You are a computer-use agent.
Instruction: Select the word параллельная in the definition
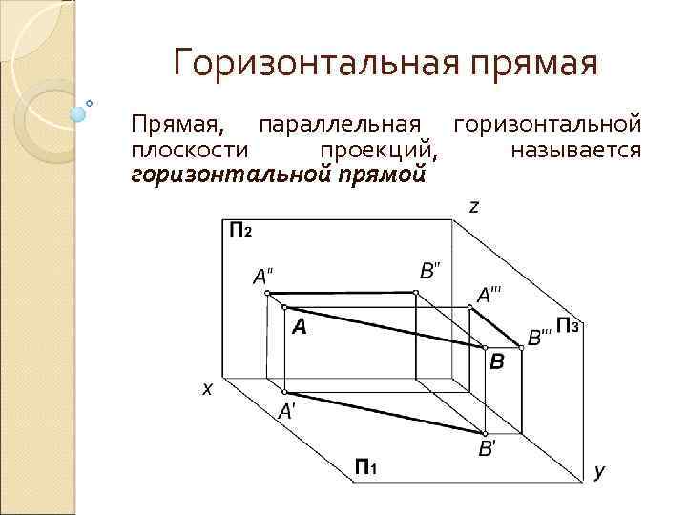[341, 125]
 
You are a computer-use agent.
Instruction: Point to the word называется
[575, 150]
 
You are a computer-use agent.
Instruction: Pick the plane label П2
[240, 230]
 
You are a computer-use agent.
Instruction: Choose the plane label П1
[365, 466]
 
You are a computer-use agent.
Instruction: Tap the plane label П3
[568, 326]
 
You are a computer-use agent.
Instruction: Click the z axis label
[473, 207]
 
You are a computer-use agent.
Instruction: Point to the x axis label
[206, 389]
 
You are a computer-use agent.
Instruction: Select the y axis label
[599, 471]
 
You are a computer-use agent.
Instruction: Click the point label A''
[262, 277]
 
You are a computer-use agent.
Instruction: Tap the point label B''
[430, 270]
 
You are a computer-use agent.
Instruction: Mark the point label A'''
[489, 295]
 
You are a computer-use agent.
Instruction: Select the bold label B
[497, 362]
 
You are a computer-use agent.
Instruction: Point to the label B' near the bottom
[486, 449]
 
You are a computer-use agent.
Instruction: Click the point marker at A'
[284, 392]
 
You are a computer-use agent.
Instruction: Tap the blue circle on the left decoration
[79, 112]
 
